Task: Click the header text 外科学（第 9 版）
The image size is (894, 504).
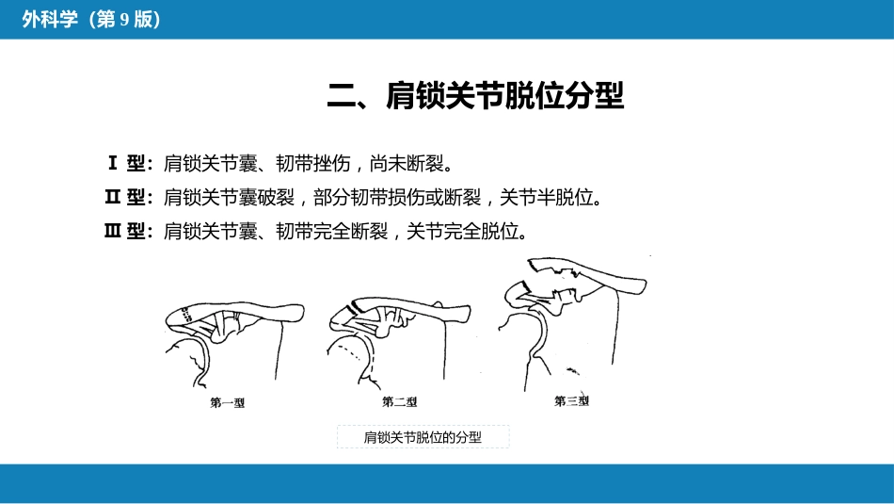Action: tap(91, 20)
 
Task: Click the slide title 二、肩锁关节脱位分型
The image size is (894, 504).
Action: tap(475, 95)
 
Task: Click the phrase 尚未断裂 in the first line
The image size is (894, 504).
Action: tap(407, 164)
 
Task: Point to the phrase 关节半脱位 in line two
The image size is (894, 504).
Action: tap(546, 198)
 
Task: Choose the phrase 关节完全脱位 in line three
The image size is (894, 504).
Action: tap(462, 231)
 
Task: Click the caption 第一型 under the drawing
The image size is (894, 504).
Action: tap(228, 402)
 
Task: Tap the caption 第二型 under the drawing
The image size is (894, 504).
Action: tap(399, 402)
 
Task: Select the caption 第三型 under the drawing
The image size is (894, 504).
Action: tap(571, 400)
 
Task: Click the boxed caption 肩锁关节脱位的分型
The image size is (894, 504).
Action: tap(423, 437)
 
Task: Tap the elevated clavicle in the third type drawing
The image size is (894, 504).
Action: tap(593, 274)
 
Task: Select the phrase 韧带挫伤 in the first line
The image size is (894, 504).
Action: tap(313, 164)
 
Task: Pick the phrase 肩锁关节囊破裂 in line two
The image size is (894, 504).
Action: tap(229, 198)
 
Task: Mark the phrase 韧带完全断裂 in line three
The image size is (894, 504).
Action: tap(332, 231)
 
